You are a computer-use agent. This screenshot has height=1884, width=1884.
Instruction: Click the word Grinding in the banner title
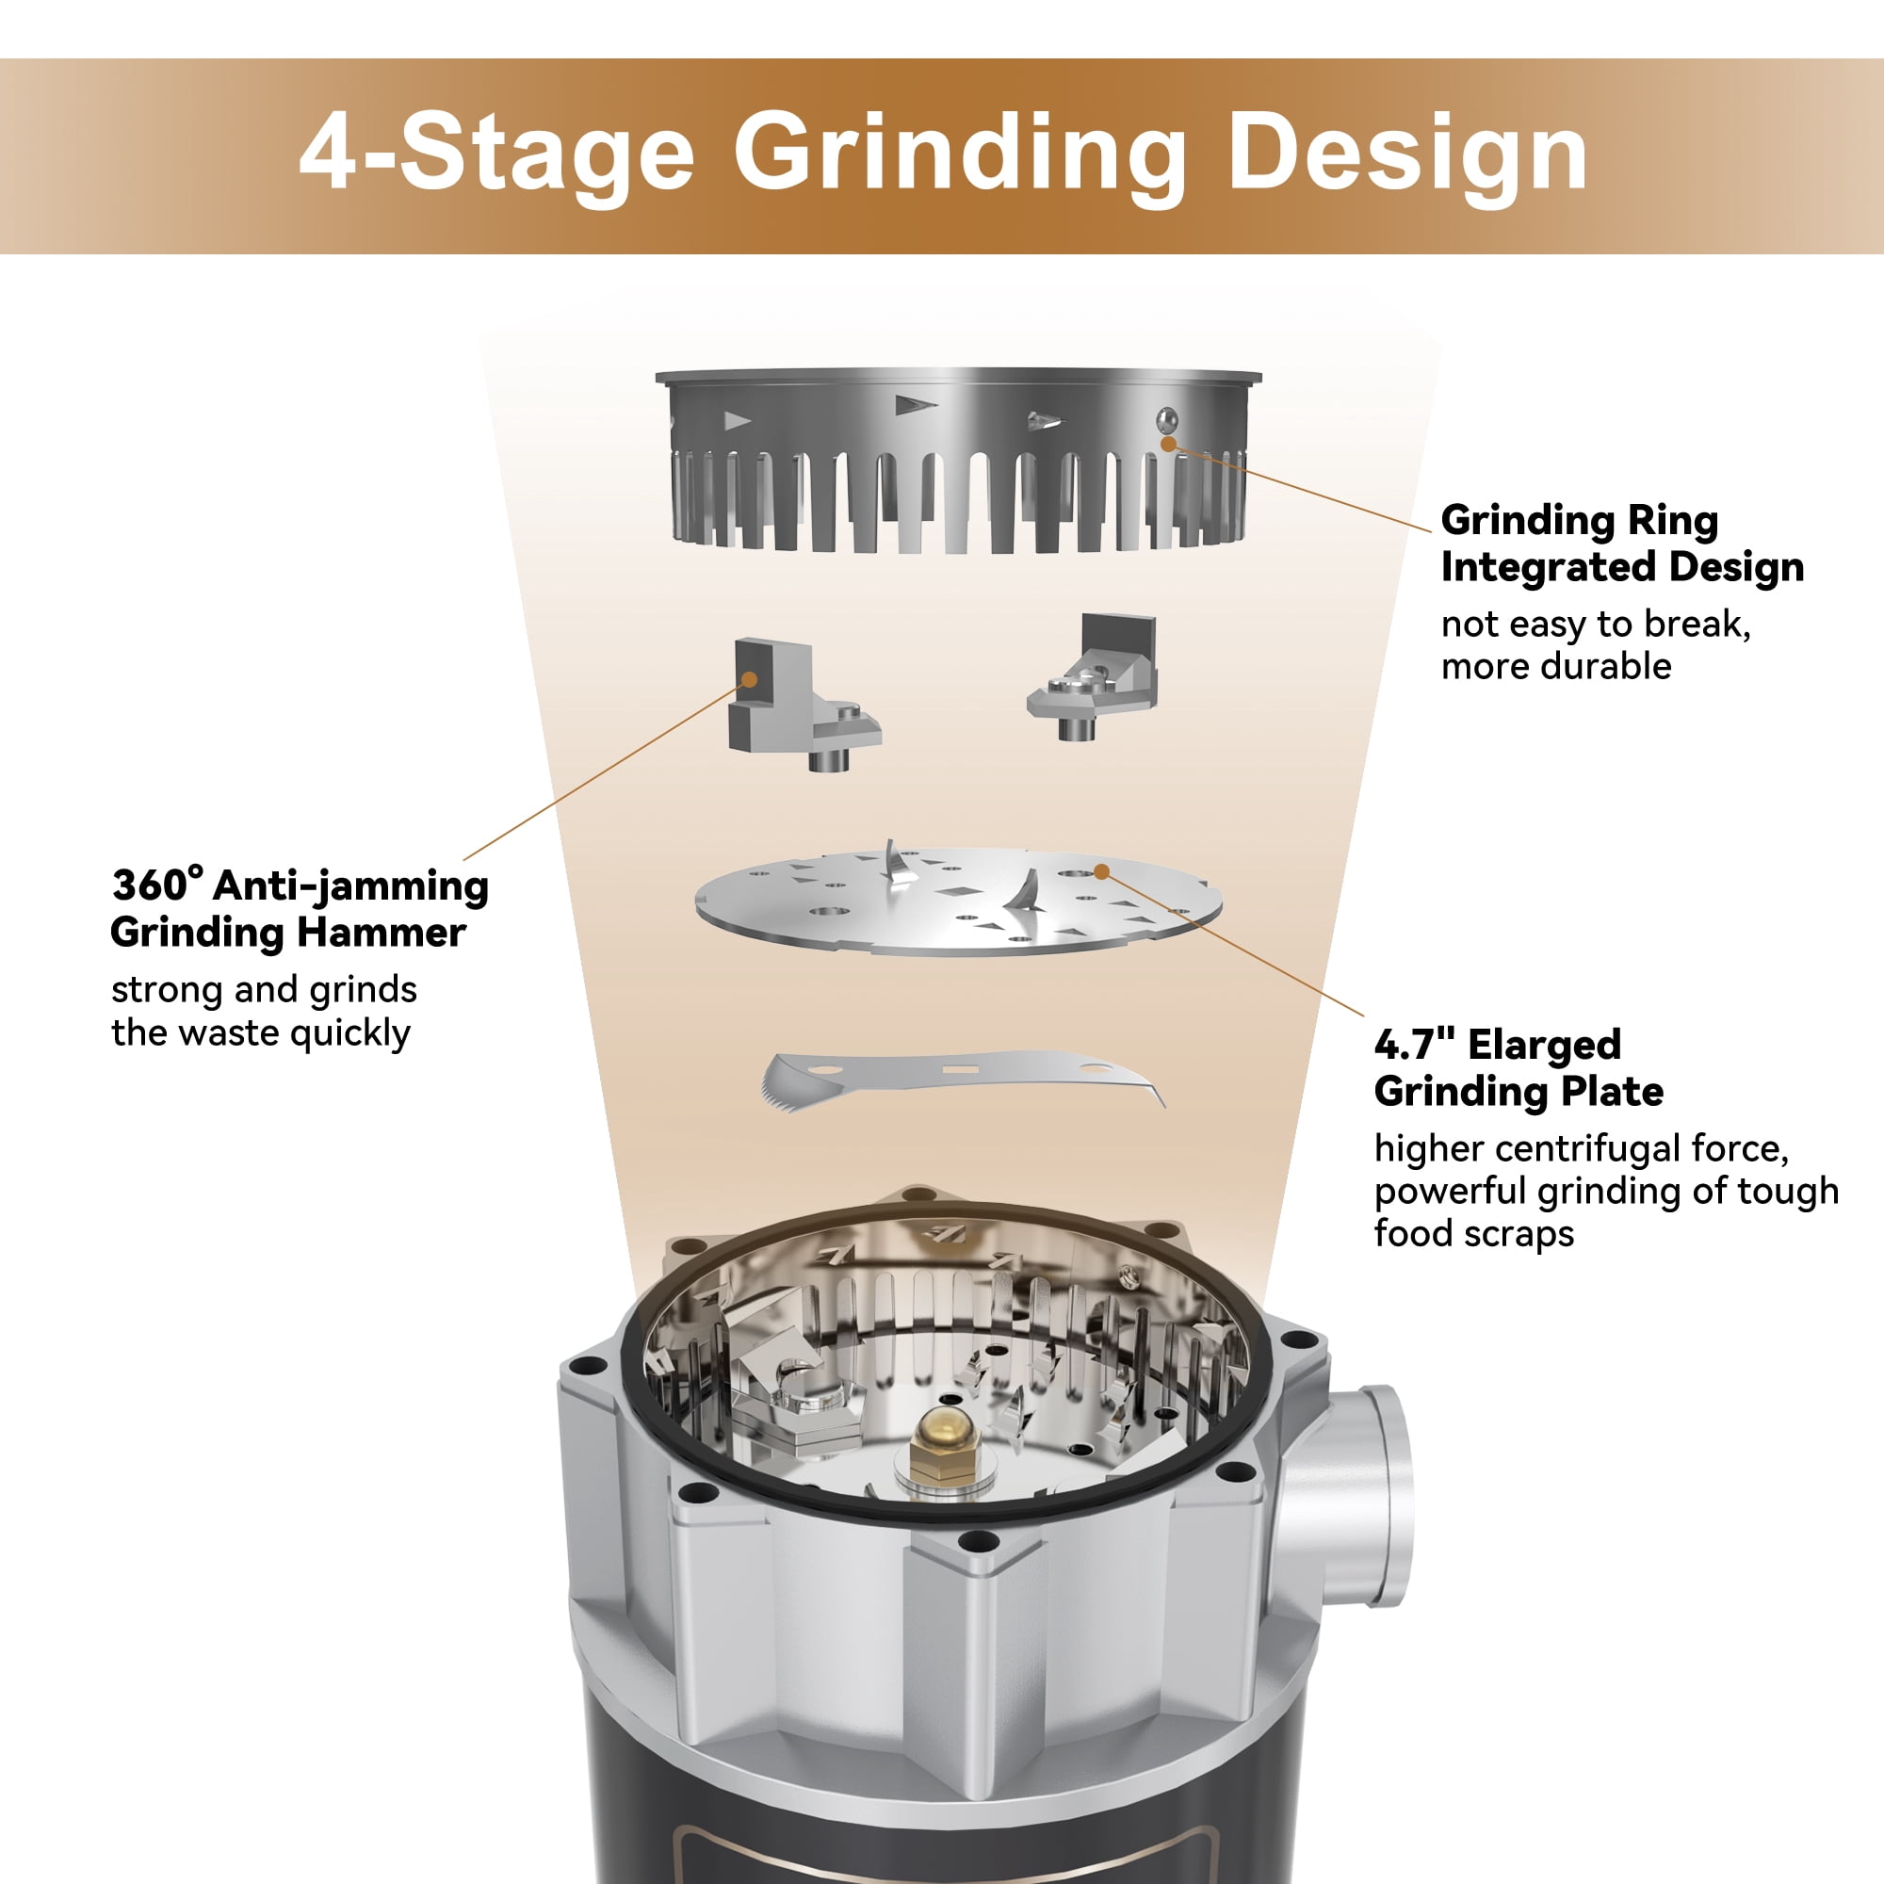(960, 156)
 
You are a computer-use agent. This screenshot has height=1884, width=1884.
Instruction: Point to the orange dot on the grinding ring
(1167, 444)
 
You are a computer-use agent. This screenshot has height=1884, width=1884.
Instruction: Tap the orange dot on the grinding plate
(1101, 870)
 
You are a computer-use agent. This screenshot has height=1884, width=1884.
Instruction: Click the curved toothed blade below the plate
(962, 1080)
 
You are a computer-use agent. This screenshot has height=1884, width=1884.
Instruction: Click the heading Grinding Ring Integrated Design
(1622, 544)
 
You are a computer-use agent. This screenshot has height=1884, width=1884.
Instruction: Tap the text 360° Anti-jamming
(300, 886)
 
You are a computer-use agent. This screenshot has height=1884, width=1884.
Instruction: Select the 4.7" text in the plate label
(1413, 1045)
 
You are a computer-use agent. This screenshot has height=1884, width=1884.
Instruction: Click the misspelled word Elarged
(1545, 1046)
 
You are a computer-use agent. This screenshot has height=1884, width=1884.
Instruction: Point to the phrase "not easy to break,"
(1596, 625)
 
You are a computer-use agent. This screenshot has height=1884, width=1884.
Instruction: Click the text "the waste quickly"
(261, 1032)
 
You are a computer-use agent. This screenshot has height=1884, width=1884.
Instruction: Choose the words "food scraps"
(1473, 1234)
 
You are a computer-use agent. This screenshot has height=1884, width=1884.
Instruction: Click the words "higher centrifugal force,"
(1581, 1148)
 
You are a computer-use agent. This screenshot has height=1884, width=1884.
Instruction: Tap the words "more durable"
(1556, 667)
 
